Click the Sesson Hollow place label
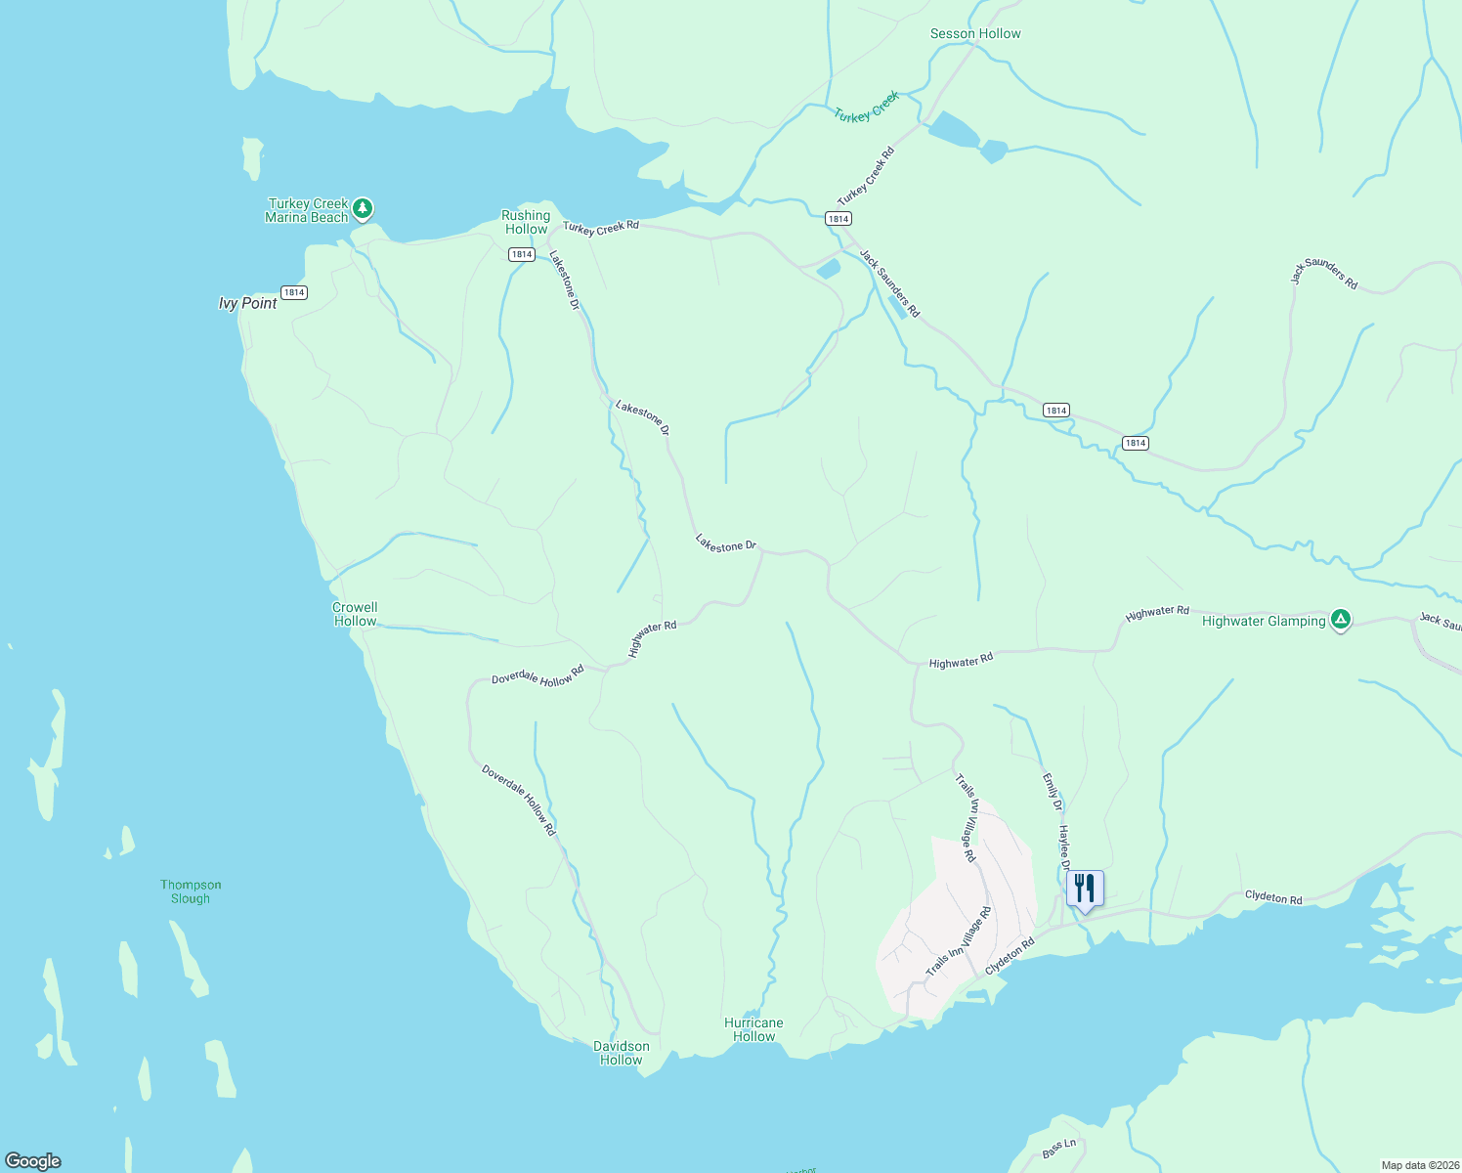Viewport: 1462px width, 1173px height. (974, 34)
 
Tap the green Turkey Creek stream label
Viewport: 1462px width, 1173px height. (866, 108)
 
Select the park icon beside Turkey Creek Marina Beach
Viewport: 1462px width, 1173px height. (363, 208)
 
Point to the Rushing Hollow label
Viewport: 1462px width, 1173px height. (526, 222)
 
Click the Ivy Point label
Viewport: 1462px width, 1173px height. (247, 304)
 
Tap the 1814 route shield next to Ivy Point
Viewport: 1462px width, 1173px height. (294, 292)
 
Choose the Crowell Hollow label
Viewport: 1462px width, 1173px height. (355, 614)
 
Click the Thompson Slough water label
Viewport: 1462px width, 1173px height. (191, 891)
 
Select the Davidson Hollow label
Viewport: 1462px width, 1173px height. (621, 1053)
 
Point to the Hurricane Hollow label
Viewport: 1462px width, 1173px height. (753, 1029)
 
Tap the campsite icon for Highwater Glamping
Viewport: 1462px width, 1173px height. (1342, 620)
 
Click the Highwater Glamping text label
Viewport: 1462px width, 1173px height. (1263, 621)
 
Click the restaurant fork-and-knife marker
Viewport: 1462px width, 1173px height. (1085, 890)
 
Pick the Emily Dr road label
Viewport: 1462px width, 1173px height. (1052, 792)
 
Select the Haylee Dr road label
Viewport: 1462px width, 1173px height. (1064, 847)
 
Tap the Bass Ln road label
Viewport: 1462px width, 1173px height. (1058, 1149)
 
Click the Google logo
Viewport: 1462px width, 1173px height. (33, 1161)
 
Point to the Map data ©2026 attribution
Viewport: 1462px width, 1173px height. (1420, 1165)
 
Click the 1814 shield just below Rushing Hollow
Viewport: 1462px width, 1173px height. (521, 254)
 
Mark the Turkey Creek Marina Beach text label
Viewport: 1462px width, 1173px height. (307, 210)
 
